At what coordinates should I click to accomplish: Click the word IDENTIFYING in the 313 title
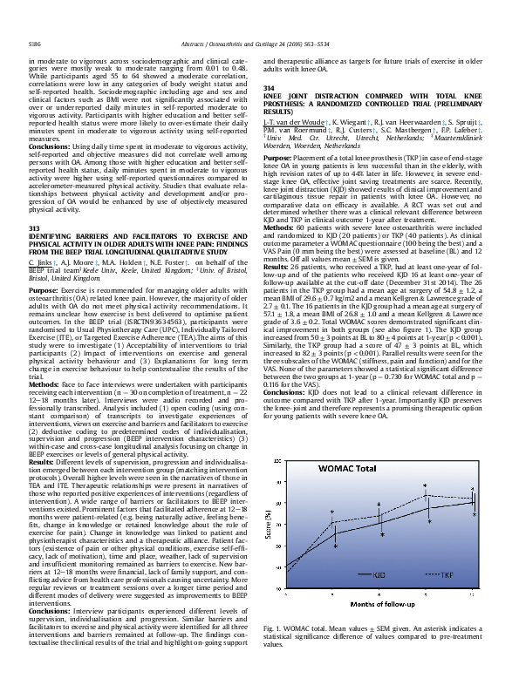pos(56,236)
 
